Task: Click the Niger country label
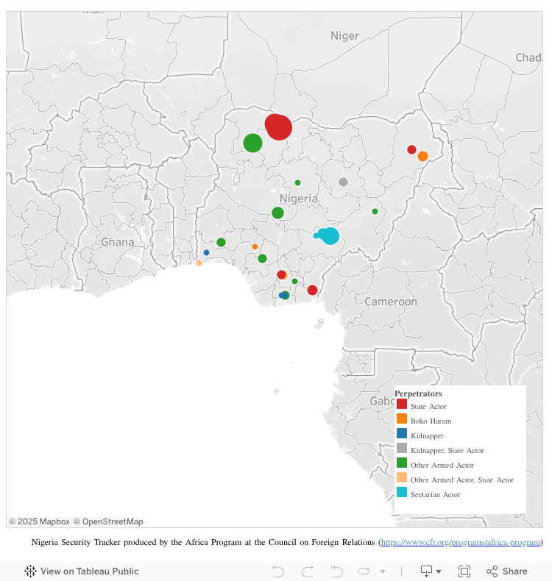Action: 344,35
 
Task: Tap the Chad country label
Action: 528,57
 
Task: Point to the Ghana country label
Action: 118,242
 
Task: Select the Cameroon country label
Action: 391,302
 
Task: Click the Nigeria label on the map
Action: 299,199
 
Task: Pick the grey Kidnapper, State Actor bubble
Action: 343,182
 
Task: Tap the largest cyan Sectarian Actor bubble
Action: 330,236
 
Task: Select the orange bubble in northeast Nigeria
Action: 422,156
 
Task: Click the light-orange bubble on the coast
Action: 199,263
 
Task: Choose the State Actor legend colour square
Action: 402,404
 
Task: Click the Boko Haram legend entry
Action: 431,421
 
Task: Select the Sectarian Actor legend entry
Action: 435,494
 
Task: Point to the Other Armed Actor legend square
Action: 402,463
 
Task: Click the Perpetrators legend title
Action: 418,393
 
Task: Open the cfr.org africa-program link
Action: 461,542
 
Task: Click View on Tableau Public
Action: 82,571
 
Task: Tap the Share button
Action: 507,571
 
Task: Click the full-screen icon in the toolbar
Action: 464,571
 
